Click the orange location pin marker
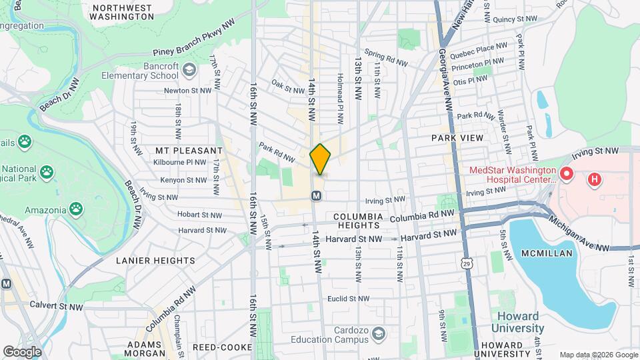point(321,159)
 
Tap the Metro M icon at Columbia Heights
point(317,196)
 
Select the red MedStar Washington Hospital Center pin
point(567,175)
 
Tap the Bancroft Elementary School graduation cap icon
point(190,69)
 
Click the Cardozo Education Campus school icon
point(379,333)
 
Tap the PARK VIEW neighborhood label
point(458,137)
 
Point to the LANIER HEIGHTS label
point(155,261)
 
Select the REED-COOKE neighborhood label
point(222,347)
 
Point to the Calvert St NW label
point(54,304)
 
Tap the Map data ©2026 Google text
point(598,355)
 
